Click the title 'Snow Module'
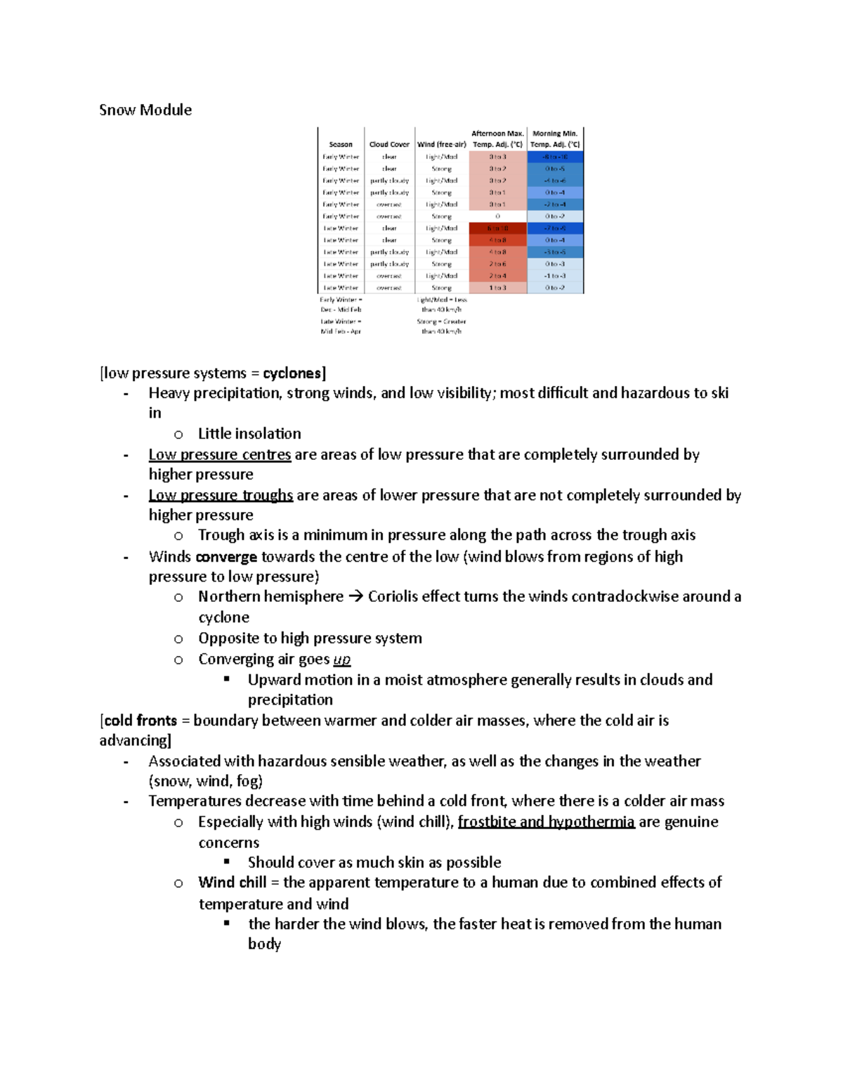click(145, 110)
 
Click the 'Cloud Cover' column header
click(389, 144)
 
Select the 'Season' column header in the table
click(341, 144)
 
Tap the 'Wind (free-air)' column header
click(442, 144)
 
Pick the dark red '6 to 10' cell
click(497, 229)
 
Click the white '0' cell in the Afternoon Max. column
click(497, 217)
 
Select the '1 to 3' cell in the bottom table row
click(497, 288)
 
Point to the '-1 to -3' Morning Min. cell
click(554, 276)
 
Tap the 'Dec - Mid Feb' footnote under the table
click(341, 309)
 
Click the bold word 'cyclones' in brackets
click(292, 373)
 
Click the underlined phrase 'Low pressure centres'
click(219, 454)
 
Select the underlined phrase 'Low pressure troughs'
click(221, 495)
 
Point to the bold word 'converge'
click(226, 557)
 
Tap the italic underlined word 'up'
click(342, 659)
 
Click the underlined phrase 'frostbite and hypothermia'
click(546, 821)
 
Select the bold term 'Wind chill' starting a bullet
click(232, 882)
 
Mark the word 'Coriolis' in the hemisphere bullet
click(396, 597)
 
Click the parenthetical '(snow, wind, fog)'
click(206, 781)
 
